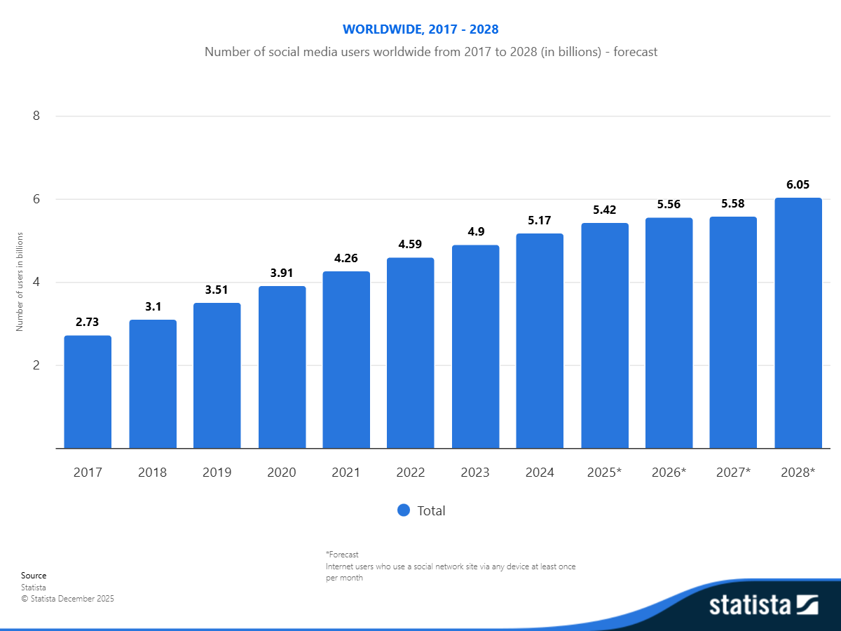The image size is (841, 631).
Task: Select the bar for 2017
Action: pyautogui.click(x=88, y=392)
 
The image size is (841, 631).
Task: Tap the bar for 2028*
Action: pyautogui.click(x=798, y=323)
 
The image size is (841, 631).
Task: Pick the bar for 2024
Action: pyautogui.click(x=540, y=341)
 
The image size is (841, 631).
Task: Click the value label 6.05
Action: pyautogui.click(x=798, y=185)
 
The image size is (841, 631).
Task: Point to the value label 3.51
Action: pyautogui.click(x=217, y=290)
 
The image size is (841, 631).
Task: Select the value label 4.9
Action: pyautogui.click(x=475, y=232)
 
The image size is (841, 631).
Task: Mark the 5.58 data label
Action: pyautogui.click(x=733, y=204)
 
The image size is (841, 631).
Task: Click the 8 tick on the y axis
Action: pyautogui.click(x=36, y=116)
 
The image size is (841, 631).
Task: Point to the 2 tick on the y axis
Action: pyautogui.click(x=36, y=365)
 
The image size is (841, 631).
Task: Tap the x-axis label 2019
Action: pyautogui.click(x=217, y=473)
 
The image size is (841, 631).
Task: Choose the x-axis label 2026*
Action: pyautogui.click(x=669, y=473)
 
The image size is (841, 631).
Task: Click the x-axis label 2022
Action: pyautogui.click(x=411, y=473)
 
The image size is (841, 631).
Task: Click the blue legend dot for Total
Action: pyautogui.click(x=403, y=510)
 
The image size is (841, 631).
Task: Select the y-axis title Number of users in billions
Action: pyautogui.click(x=20, y=282)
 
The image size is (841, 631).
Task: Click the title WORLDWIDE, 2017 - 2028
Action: pyautogui.click(x=420, y=29)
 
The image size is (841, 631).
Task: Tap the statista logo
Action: pyautogui.click(x=764, y=604)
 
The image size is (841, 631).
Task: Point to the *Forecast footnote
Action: pyautogui.click(x=342, y=555)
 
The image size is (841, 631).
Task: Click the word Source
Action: pyautogui.click(x=34, y=576)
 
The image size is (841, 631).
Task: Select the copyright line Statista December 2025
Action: pyautogui.click(x=67, y=599)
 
